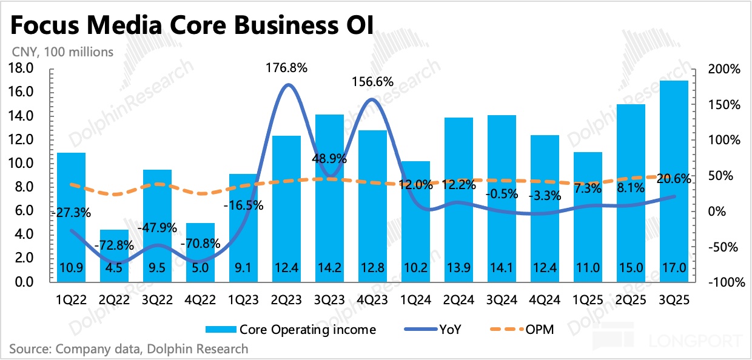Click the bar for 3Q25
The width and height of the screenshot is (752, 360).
[673, 182]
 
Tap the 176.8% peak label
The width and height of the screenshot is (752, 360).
[287, 68]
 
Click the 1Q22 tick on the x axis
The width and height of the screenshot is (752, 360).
[71, 299]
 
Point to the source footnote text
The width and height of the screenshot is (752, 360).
[129, 349]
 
